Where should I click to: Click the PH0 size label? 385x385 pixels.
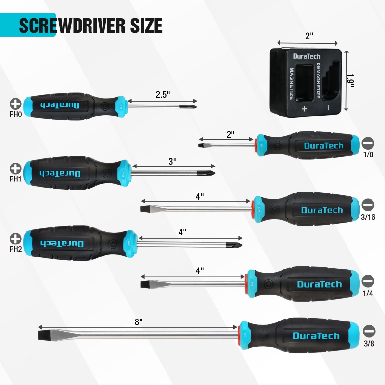coord(15,114)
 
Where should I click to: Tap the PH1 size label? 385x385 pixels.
coord(15,179)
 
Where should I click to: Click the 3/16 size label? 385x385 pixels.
coord(368,217)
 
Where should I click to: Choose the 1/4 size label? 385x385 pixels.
coord(368,292)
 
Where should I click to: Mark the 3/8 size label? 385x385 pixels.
coord(369,343)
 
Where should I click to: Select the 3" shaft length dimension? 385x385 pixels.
coord(173,162)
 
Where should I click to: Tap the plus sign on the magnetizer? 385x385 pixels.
coord(304,109)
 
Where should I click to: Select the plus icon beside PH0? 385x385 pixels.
coord(15,103)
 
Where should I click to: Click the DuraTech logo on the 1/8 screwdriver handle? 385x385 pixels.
coord(323,146)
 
